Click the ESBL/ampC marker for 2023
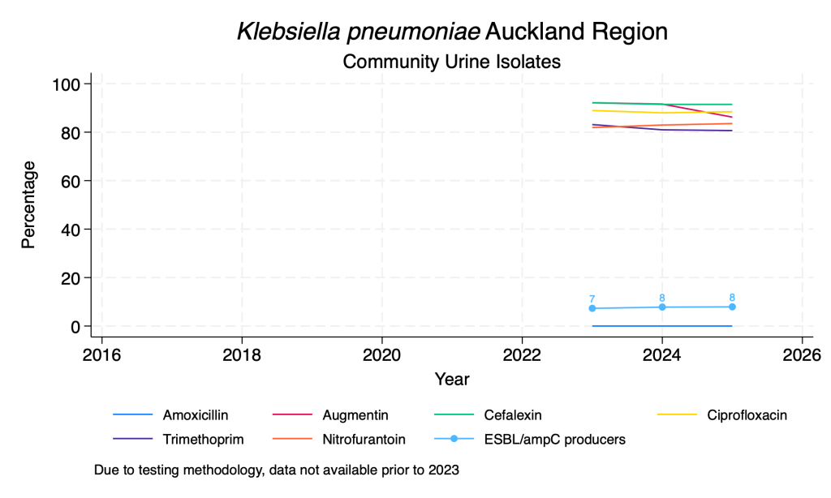pos(592,308)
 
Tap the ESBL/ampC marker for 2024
pos(662,307)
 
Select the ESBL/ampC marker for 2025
pos(732,307)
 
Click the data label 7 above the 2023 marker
pos(592,298)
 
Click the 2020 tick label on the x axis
pos(381,354)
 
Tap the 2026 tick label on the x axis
pos(802,354)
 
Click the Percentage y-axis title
pos(29,204)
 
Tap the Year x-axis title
pos(451,379)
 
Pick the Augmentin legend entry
pos(355,415)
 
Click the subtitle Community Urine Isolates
pos(451,61)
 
